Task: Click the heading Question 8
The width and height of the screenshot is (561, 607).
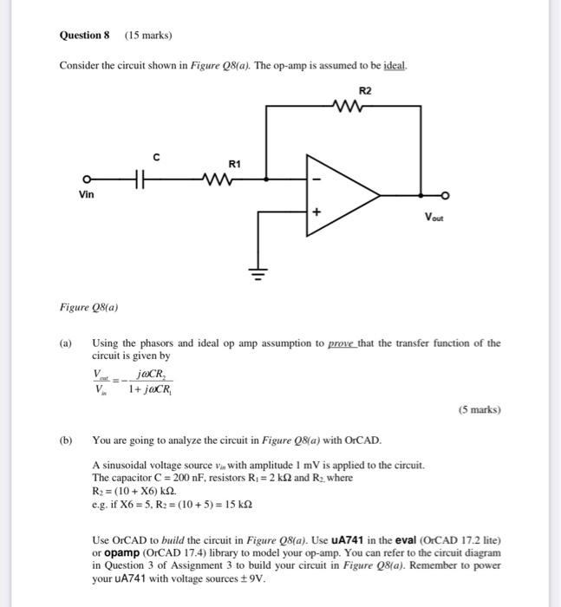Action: coord(85,36)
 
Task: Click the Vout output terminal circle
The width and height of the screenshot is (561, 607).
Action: coord(446,194)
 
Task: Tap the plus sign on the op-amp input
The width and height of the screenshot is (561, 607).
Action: coord(317,211)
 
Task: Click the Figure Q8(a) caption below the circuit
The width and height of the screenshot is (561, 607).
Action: coord(88,307)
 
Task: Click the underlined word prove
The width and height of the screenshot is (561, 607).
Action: coord(343,343)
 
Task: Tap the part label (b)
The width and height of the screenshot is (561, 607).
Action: coord(66,441)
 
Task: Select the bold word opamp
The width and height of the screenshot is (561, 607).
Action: coord(121,552)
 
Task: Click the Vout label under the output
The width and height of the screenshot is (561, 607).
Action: coord(434,219)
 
